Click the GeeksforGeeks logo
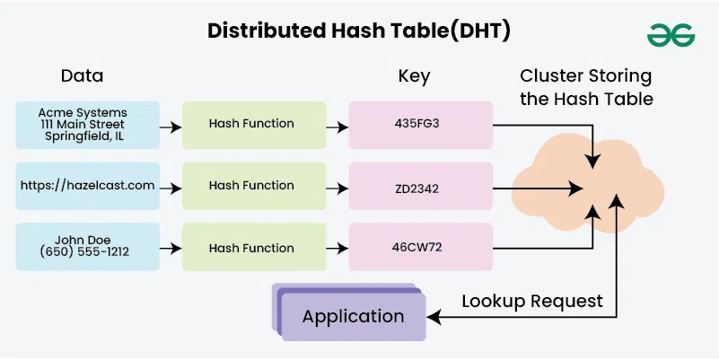point(671,34)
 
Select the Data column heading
point(82,75)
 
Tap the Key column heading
point(414,75)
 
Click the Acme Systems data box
point(88,125)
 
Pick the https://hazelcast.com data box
point(88,186)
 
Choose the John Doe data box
point(88,247)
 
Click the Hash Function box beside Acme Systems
point(251,125)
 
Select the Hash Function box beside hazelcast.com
point(251,186)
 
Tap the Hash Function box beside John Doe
point(251,247)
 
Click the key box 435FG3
point(421,125)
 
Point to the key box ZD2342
point(421,186)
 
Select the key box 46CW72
point(421,247)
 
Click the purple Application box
point(353,316)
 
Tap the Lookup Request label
point(531,300)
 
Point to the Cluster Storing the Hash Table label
point(585,86)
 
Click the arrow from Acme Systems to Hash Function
point(171,127)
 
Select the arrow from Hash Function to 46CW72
point(337,249)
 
